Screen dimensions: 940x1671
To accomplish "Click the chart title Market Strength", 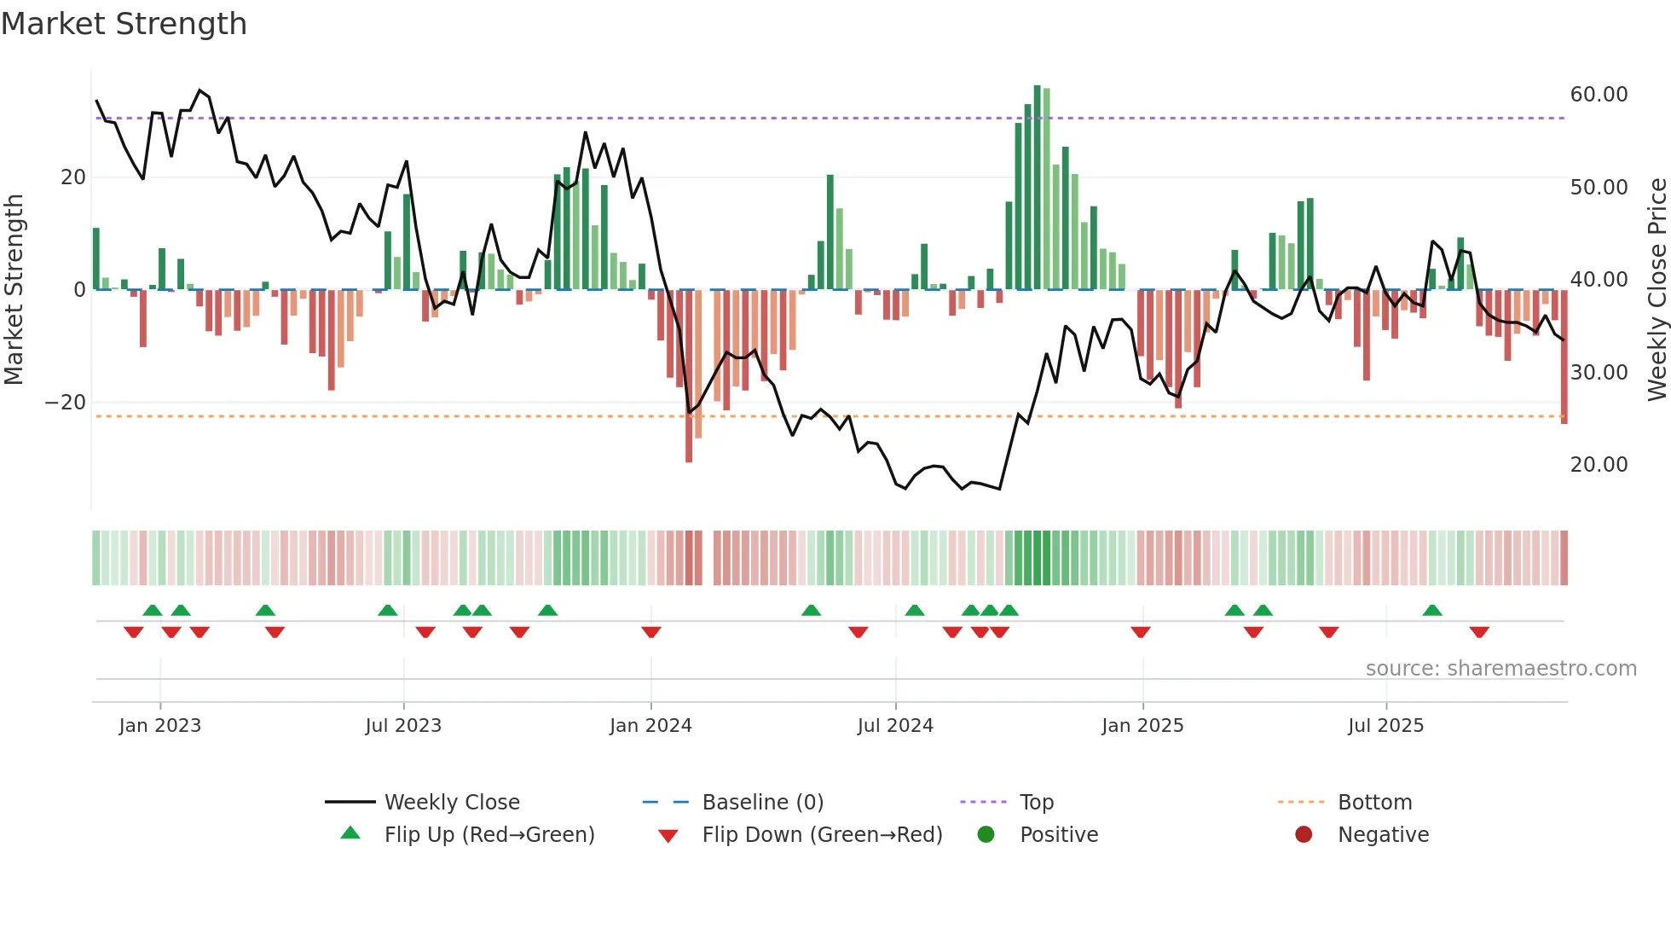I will tap(124, 24).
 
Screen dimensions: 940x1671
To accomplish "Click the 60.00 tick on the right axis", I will tap(1599, 95).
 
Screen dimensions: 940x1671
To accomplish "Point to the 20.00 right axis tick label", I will tap(1599, 465).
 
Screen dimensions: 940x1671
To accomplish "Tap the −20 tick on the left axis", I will tap(65, 403).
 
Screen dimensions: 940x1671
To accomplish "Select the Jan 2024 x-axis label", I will tap(650, 726).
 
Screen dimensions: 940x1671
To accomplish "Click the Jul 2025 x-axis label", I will tap(1385, 726).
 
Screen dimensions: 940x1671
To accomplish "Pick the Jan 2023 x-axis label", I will tap(160, 726).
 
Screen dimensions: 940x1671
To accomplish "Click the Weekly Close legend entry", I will tap(451, 803).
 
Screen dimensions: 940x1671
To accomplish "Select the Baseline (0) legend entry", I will tap(762, 803).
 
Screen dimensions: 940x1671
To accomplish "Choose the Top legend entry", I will tap(1036, 803).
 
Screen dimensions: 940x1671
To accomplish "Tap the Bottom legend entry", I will tap(1374, 803).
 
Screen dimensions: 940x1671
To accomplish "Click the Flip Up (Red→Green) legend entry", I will tap(489, 835).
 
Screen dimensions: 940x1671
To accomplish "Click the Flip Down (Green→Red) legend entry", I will tap(822, 835).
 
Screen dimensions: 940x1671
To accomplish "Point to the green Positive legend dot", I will tap(986, 835).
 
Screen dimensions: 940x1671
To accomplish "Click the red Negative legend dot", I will tap(1304, 835).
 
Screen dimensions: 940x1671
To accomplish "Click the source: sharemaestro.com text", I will tap(1500, 669).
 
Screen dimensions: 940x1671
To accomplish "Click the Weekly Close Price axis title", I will tap(1657, 290).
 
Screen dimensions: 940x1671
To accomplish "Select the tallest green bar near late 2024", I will tap(1037, 188).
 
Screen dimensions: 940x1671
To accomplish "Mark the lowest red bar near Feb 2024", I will tap(689, 375).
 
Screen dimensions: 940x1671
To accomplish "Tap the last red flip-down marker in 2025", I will tap(1479, 632).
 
